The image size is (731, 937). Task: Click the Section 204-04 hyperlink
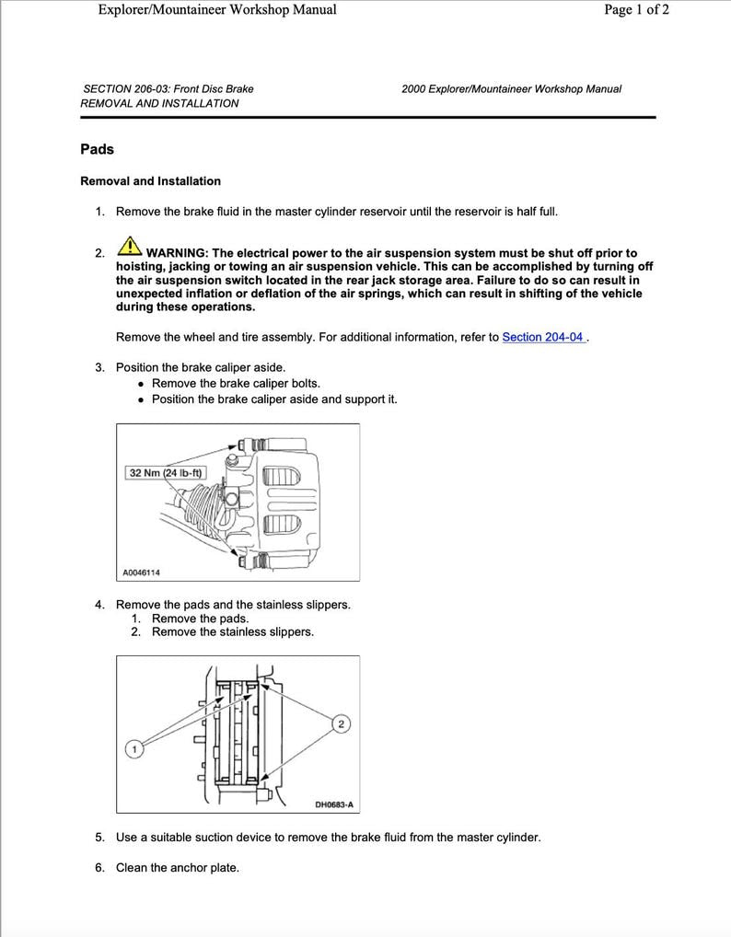point(543,337)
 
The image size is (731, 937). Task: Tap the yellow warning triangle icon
point(130,249)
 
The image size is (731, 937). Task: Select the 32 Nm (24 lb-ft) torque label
point(166,473)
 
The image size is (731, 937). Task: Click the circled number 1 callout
point(134,749)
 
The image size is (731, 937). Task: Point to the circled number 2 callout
point(341,724)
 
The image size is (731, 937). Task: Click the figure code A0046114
point(141,573)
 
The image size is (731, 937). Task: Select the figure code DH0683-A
point(333,804)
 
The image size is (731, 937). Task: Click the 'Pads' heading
point(97,149)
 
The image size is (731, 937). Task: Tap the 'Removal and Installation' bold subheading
point(150,181)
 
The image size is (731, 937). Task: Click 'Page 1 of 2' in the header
point(636,10)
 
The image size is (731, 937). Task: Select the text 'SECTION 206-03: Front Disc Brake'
point(168,89)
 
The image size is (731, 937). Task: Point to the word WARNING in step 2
point(177,253)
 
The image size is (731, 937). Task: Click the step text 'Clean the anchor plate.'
point(177,867)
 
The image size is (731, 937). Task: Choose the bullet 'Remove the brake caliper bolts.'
point(236,383)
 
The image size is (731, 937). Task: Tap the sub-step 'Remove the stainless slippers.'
point(232,632)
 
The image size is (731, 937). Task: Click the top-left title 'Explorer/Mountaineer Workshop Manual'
point(216,10)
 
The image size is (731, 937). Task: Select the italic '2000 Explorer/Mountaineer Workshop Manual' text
point(511,89)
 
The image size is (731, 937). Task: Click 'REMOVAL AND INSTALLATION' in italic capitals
point(159,104)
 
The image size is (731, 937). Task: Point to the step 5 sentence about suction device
point(328,838)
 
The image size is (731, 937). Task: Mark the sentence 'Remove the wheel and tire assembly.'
point(215,337)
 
